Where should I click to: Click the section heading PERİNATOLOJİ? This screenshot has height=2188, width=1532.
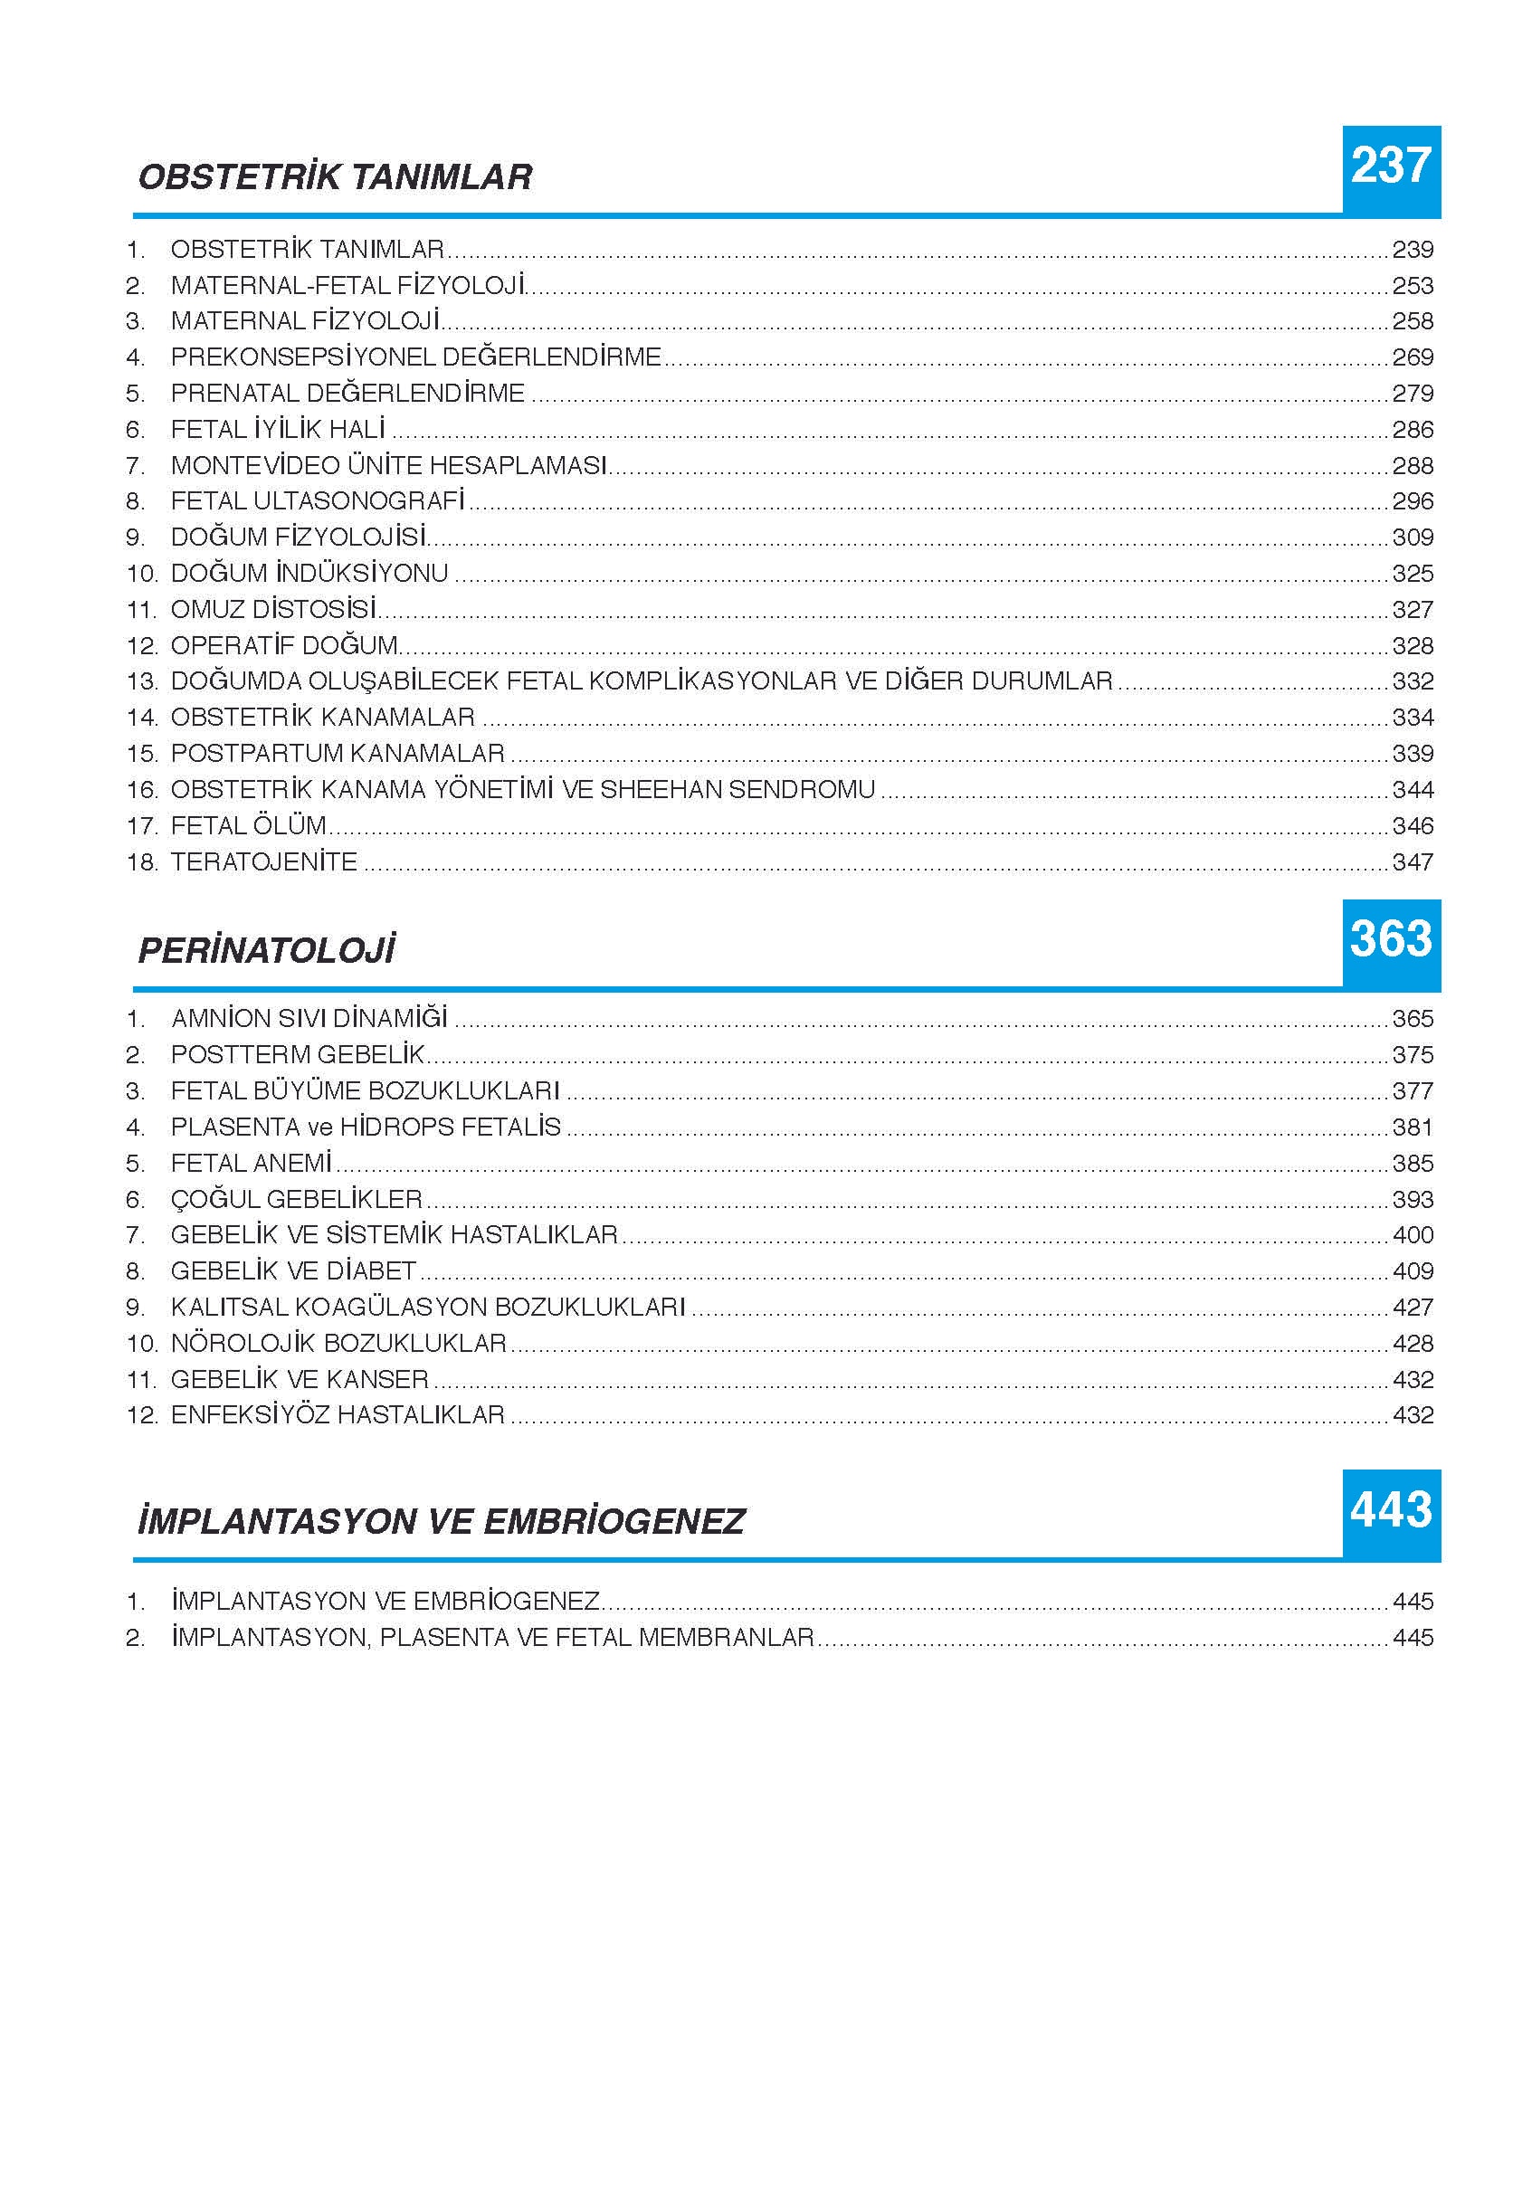click(266, 950)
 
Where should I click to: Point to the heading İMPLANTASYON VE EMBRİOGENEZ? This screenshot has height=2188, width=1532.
click(440, 1521)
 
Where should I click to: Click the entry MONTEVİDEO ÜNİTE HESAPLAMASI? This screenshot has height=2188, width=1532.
click(389, 465)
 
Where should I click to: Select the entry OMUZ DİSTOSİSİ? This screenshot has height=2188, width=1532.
click(273, 609)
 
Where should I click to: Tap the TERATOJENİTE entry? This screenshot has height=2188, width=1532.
click(264, 861)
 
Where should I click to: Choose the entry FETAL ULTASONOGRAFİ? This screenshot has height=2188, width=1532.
click(318, 501)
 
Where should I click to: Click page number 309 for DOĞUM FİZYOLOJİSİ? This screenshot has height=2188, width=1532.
click(1412, 537)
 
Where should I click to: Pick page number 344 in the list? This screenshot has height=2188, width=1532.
click(1412, 789)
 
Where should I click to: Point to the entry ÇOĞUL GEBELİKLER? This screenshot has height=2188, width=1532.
click(296, 1199)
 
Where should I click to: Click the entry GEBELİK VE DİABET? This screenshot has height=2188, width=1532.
click(293, 1271)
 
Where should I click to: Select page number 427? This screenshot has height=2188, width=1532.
click(1412, 1308)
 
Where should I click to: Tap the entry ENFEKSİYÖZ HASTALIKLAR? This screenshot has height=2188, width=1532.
click(338, 1415)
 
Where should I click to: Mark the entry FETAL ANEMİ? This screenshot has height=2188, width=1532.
click(251, 1163)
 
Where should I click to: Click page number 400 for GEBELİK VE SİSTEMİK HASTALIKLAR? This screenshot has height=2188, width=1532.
click(1412, 1235)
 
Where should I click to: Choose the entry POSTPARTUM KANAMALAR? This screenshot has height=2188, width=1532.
click(338, 753)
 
